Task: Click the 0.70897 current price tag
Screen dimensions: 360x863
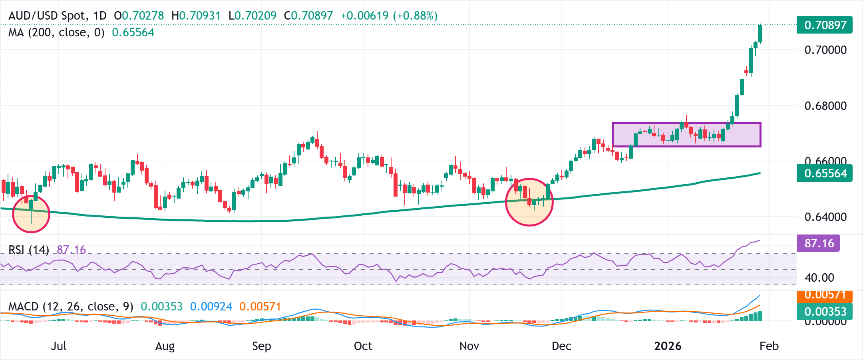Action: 825,25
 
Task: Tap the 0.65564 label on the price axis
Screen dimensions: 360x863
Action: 825,173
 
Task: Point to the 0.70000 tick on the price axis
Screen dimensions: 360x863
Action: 825,50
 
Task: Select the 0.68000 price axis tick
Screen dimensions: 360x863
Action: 825,106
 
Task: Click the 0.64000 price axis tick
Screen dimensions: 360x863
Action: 825,217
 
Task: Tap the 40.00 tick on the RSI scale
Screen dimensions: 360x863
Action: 819,278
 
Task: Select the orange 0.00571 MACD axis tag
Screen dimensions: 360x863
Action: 825,296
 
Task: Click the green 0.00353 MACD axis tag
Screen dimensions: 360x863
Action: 825,312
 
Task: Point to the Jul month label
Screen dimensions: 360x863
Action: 59,346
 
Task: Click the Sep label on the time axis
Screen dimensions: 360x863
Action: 261,346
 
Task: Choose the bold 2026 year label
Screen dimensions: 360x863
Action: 668,346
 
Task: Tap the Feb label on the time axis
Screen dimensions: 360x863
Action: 769,346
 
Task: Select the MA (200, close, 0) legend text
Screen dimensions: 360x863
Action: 56,32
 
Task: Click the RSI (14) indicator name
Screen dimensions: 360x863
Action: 29,250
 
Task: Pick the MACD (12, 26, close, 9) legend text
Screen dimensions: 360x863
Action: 71,306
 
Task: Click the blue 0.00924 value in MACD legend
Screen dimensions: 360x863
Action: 211,306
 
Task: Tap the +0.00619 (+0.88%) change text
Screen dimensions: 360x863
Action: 389,16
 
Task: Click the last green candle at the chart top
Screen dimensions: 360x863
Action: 760,34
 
